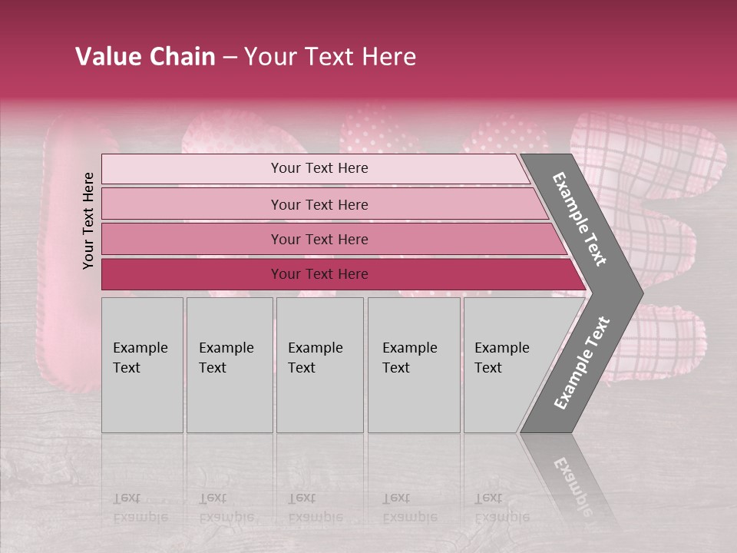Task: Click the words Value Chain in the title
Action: (145, 57)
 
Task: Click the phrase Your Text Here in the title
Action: (330, 57)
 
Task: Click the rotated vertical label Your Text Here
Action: (88, 220)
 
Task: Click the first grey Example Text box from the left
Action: (142, 364)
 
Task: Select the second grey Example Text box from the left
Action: (230, 364)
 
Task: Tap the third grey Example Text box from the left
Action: (319, 364)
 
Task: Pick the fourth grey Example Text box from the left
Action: (414, 364)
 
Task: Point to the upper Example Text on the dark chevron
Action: (580, 219)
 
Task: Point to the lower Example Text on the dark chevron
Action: (582, 363)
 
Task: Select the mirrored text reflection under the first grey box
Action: (140, 508)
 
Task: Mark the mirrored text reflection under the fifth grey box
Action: (501, 508)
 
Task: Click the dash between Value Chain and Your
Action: (230, 58)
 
